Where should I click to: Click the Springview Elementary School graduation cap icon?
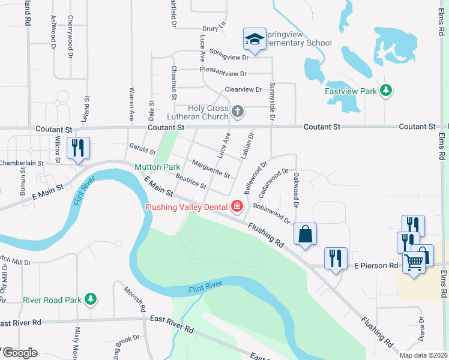255,40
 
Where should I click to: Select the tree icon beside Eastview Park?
387,91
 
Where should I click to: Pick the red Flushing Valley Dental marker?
237,207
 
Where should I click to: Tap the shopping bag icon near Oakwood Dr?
305,234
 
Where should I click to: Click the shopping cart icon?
414,261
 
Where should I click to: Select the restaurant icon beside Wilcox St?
78,148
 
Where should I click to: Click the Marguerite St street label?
210,169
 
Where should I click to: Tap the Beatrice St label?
191,180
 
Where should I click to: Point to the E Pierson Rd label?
376,265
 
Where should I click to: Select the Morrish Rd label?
135,298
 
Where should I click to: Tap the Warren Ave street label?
131,103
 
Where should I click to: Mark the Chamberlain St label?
22,163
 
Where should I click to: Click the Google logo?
19,353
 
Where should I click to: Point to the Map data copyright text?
423,355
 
